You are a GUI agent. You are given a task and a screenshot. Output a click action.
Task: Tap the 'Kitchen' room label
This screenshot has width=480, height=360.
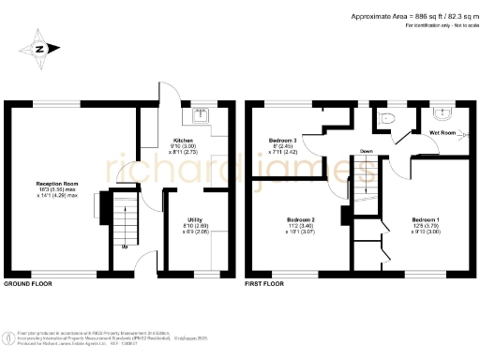pos(183,140)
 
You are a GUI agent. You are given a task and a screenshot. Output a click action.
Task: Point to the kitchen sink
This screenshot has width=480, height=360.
pos(201,115)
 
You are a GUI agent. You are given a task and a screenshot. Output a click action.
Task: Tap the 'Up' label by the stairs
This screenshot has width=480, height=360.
pos(124,247)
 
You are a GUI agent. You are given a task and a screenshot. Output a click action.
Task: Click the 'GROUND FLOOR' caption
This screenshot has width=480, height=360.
pos(27,282)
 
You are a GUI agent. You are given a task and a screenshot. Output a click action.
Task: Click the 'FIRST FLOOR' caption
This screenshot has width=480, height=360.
pos(264,282)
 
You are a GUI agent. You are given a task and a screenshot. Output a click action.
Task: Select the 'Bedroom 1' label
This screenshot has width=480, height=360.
pos(426,215)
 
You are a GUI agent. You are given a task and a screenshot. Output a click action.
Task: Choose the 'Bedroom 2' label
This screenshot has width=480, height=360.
pos(300,220)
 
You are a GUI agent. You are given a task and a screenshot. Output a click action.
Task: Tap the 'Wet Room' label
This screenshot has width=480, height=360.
pos(442,133)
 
